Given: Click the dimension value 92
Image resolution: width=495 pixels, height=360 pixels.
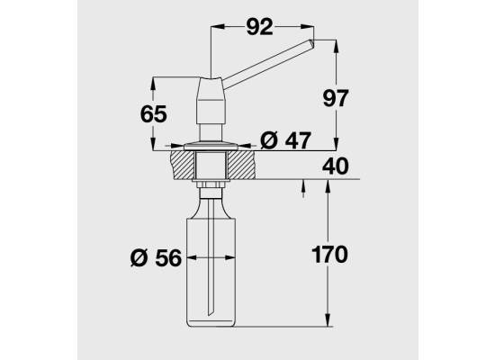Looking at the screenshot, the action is pos(259,27).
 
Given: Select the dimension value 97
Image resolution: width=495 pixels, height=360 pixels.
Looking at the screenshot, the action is pos(336,98).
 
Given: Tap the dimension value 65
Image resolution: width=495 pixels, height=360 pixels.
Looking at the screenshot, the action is pos(153,114).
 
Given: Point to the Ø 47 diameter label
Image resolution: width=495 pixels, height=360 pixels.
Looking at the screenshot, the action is pos(285,139).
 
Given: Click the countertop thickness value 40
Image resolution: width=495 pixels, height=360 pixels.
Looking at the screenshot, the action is pos(336,166).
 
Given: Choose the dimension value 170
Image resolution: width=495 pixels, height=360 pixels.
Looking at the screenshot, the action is pos(329,254).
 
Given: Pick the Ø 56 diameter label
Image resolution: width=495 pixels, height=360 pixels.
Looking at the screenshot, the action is pos(156,257).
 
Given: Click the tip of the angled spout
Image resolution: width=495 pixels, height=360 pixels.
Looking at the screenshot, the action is pos(313,43).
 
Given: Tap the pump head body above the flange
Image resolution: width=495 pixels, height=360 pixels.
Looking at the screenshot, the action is pos(211,100).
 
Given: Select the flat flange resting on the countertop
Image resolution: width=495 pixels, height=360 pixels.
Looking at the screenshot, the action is pos(211,146).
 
